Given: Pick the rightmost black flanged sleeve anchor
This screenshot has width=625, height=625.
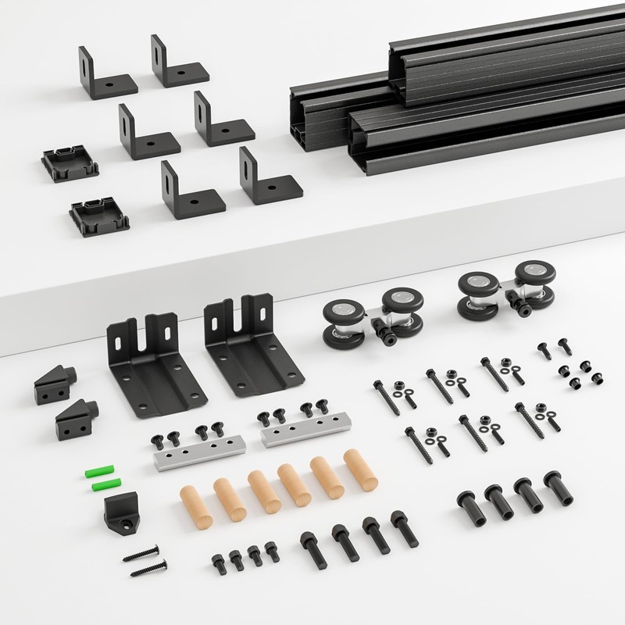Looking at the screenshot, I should pos(554,489).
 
